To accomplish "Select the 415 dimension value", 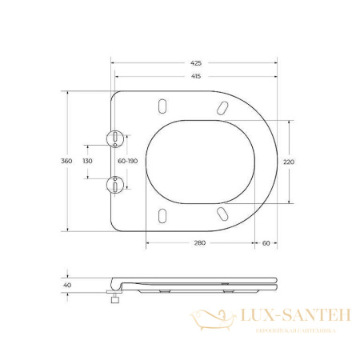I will click(196, 76).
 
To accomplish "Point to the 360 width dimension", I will click(66, 161).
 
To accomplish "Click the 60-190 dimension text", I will click(128, 161).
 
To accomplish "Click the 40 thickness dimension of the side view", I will click(66, 284).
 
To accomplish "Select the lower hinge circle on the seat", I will click(117, 184).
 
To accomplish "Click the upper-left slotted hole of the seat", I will click(163, 107).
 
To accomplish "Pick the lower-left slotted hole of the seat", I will click(163, 214).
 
